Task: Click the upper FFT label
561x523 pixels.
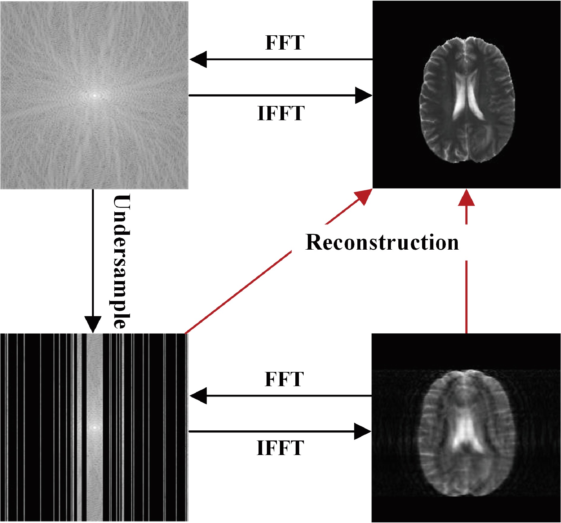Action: (x=284, y=43)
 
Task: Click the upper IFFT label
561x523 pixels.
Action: (x=281, y=113)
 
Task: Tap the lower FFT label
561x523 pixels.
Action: (x=284, y=379)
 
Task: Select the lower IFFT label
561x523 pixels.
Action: (x=280, y=448)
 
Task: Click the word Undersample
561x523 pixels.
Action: (x=121, y=261)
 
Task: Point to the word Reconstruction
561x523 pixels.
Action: (x=382, y=243)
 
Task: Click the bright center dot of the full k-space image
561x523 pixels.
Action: (x=95, y=96)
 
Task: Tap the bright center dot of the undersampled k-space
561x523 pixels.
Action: (x=95, y=428)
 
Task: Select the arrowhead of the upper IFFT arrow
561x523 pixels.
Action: (x=363, y=95)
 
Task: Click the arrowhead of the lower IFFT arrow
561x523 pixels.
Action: (x=363, y=431)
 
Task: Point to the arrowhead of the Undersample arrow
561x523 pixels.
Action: (x=93, y=324)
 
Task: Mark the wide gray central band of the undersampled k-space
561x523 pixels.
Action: (x=95, y=386)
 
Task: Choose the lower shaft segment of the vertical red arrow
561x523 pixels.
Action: (x=466, y=297)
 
